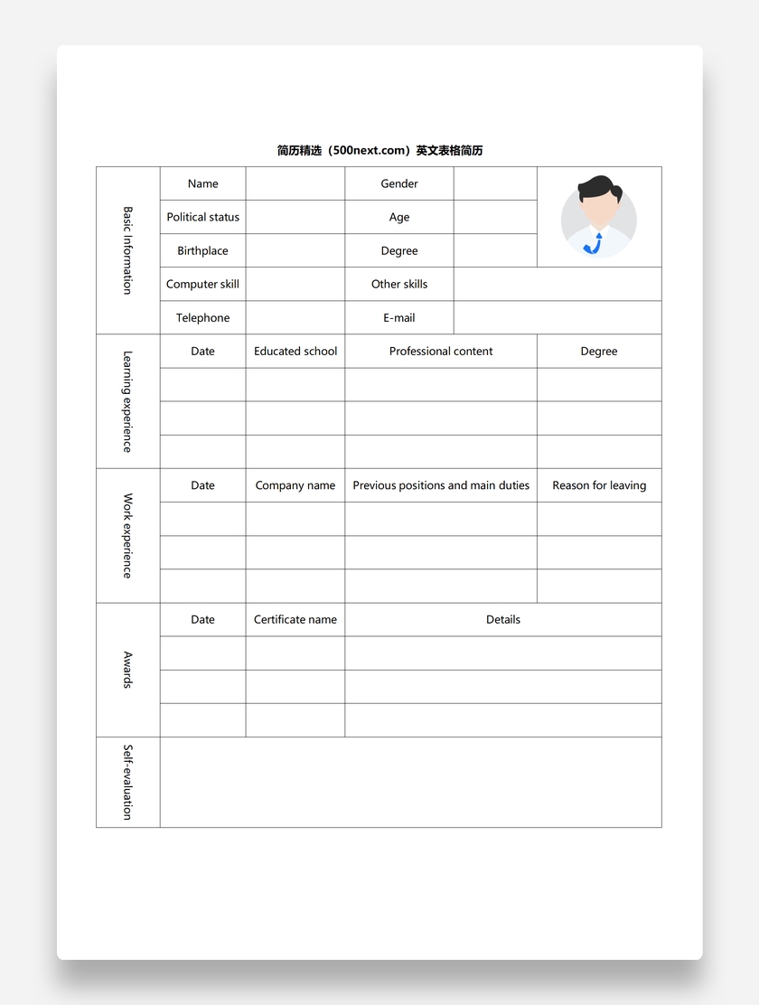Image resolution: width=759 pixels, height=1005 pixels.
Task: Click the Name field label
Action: (x=202, y=183)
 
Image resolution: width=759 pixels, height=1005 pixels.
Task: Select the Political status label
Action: (x=202, y=217)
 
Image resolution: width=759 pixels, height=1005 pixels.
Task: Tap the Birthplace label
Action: (x=202, y=250)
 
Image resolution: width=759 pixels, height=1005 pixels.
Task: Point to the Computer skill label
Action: (x=202, y=284)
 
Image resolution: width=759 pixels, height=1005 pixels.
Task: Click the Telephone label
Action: (x=202, y=317)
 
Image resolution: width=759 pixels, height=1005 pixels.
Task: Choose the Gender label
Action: (x=398, y=183)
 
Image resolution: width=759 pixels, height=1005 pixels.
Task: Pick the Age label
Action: (x=398, y=217)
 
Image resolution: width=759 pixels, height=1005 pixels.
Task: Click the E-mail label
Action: (x=398, y=317)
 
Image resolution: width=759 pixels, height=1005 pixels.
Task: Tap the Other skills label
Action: (x=398, y=284)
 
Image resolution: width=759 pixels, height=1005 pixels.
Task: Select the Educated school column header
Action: (x=295, y=351)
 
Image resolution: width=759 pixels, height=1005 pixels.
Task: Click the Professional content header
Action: (x=441, y=351)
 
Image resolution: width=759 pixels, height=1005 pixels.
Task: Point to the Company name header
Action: (x=295, y=485)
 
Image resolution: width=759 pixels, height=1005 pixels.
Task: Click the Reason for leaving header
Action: (x=599, y=485)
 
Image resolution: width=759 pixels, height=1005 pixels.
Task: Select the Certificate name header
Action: (x=295, y=619)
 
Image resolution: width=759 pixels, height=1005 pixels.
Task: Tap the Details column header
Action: (x=502, y=619)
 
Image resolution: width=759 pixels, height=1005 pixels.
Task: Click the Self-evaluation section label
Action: (x=127, y=782)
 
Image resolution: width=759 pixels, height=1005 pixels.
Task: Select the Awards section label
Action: (x=127, y=670)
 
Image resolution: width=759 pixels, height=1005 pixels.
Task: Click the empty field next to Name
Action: (x=295, y=183)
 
